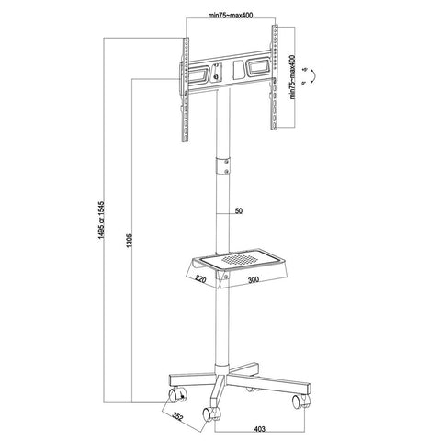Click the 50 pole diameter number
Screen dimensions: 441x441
coord(238,212)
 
